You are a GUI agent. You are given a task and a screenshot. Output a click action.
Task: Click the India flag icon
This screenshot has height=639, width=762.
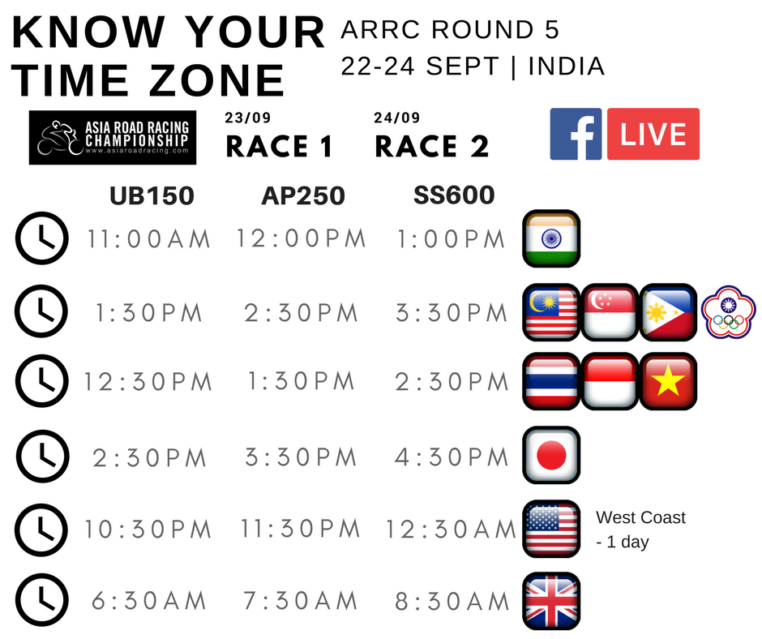pyautogui.click(x=551, y=238)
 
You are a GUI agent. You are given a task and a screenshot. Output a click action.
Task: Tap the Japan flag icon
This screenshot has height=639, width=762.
pyautogui.click(x=551, y=455)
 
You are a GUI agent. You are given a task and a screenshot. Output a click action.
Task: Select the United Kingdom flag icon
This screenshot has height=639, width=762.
pyautogui.click(x=551, y=601)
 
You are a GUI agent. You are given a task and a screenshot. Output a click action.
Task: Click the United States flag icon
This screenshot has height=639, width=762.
pyautogui.click(x=551, y=529)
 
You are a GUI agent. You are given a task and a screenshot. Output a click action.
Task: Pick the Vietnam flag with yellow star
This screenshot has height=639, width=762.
pyautogui.click(x=668, y=381)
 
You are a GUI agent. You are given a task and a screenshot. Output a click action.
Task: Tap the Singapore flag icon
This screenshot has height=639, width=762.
pyautogui.click(x=610, y=311)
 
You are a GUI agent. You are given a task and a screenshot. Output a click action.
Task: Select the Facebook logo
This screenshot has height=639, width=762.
pyautogui.click(x=576, y=135)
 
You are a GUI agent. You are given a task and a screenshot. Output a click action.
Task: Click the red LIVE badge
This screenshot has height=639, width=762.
pyautogui.click(x=653, y=135)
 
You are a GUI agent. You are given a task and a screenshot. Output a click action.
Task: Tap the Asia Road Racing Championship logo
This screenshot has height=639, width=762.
pyautogui.click(x=113, y=138)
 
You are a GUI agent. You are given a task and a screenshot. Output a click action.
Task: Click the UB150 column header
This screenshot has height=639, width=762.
pyautogui.click(x=152, y=196)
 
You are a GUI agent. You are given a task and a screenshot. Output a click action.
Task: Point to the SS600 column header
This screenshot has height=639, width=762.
pyautogui.click(x=454, y=195)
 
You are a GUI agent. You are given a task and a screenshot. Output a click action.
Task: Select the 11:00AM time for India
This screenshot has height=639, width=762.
pyautogui.click(x=148, y=239)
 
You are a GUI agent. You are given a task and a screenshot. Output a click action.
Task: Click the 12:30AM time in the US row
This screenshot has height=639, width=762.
pyautogui.click(x=451, y=529)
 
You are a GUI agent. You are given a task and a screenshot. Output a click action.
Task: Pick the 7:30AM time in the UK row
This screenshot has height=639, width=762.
pyautogui.click(x=300, y=601)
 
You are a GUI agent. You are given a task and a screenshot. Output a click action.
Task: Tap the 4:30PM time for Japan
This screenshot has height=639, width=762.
pyautogui.click(x=452, y=457)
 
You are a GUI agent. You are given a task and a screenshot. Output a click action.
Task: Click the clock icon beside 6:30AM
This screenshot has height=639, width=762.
pyautogui.click(x=42, y=601)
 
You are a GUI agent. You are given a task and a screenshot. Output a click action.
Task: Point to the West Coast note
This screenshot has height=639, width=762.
pyautogui.click(x=640, y=529)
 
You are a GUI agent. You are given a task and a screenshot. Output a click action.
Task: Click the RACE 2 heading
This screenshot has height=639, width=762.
pyautogui.click(x=431, y=147)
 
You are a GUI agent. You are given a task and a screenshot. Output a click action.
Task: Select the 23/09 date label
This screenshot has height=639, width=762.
pyautogui.click(x=248, y=118)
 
